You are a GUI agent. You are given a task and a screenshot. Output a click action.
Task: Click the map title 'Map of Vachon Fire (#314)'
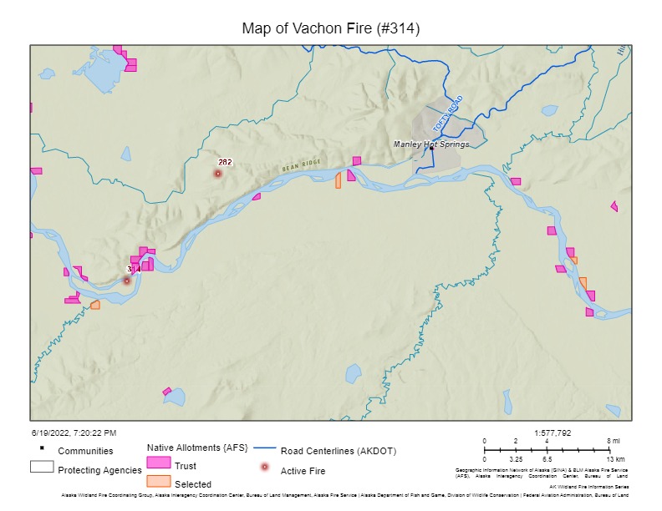[330, 28]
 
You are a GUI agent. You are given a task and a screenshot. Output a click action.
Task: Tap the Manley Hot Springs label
[431, 144]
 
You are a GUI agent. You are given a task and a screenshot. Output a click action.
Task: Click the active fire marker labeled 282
[217, 174]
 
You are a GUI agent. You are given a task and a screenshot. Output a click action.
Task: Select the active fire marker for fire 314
[127, 281]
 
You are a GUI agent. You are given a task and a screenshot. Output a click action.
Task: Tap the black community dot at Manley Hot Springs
[431, 149]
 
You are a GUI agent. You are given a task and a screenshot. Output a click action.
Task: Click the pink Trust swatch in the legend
[158, 463]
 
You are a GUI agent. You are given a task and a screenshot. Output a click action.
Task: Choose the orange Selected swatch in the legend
[158, 482]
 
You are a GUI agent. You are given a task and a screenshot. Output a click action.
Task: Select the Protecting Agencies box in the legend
[42, 467]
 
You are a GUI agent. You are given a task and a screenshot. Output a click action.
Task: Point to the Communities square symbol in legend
[42, 448]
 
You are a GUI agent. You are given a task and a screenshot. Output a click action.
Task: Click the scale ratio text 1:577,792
[553, 433]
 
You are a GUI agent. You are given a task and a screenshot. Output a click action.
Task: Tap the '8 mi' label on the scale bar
[614, 441]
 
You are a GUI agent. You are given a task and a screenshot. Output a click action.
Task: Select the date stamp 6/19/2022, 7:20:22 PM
[74, 433]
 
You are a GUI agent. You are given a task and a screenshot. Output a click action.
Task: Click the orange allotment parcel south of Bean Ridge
[339, 180]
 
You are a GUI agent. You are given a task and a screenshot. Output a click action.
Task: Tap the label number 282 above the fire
[225, 162]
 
